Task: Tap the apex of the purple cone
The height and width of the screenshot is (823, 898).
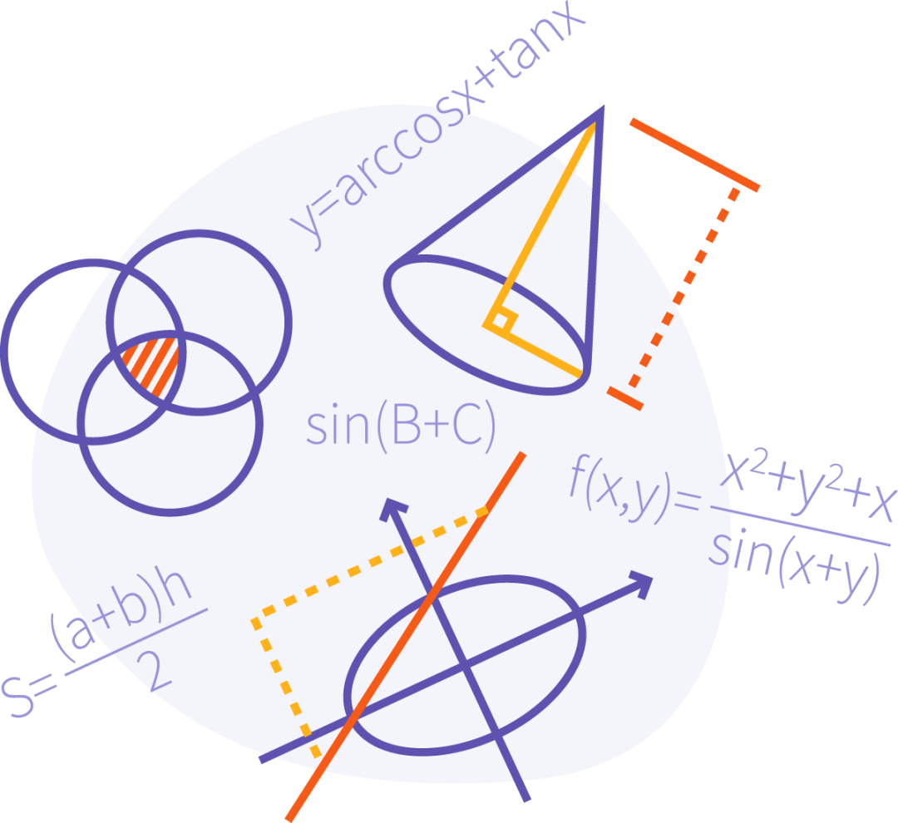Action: click(x=601, y=108)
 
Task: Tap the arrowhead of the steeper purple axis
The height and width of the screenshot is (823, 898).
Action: click(x=392, y=507)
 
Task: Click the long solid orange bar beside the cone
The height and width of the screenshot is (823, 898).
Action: click(x=694, y=155)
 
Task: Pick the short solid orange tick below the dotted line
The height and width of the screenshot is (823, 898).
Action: click(x=624, y=398)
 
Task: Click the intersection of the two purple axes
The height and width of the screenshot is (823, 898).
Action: click(x=465, y=666)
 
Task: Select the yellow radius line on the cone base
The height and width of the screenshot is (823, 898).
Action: click(x=534, y=352)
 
